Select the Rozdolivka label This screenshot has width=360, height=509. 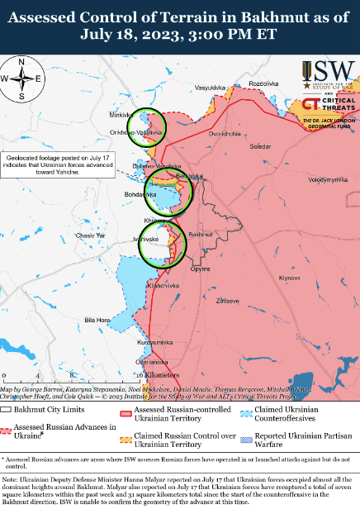point(265,84)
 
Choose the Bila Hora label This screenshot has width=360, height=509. point(97,319)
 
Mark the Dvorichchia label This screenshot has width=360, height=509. point(225,133)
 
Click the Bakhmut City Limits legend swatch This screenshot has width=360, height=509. point(7,409)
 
